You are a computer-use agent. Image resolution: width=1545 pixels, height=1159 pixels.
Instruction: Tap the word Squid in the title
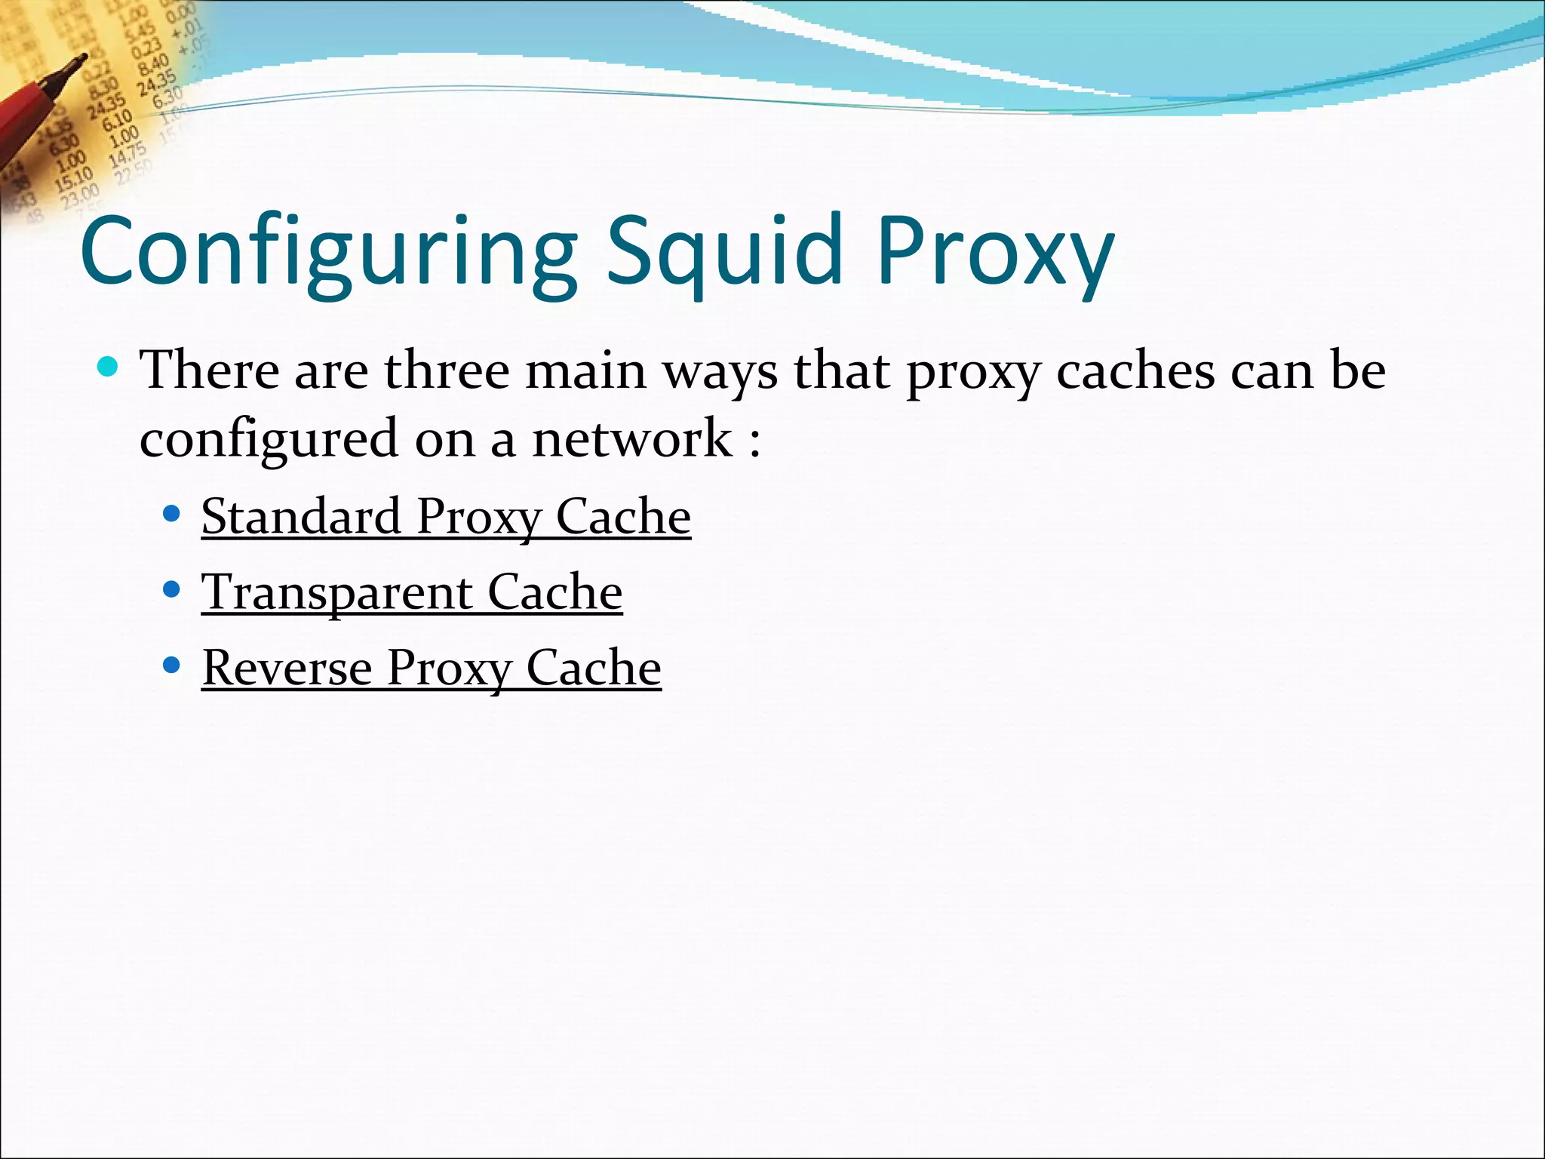(x=724, y=253)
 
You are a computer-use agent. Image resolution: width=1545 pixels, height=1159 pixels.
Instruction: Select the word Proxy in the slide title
(x=994, y=253)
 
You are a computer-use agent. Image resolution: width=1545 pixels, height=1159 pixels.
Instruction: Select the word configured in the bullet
(x=269, y=440)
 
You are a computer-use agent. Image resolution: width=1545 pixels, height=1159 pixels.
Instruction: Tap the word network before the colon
(x=632, y=438)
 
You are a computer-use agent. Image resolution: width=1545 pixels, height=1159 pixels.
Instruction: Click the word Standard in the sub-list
(x=300, y=517)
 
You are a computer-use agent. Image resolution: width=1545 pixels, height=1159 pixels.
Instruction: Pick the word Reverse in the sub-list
(x=287, y=668)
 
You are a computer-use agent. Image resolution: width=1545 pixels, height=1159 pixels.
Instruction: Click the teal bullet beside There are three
(x=109, y=367)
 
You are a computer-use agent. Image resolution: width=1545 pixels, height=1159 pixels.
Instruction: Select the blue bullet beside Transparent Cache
(x=171, y=589)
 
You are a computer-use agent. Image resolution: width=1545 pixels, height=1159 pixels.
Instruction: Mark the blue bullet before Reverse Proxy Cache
(x=171, y=665)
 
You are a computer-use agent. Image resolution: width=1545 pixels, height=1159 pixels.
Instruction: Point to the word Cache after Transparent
(x=554, y=592)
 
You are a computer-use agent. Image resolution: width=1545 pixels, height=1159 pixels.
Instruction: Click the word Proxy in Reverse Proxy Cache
(x=448, y=669)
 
